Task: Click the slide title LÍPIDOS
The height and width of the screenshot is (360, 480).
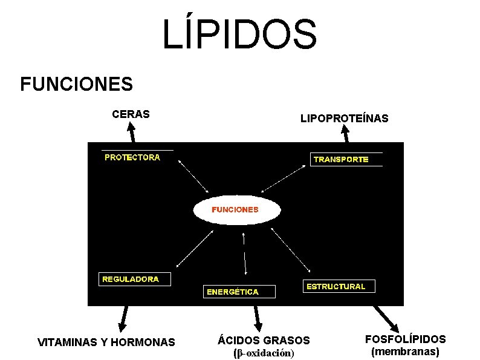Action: [239, 34]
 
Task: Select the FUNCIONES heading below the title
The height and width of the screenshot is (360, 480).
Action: [76, 84]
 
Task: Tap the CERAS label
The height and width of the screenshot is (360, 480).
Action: [131, 113]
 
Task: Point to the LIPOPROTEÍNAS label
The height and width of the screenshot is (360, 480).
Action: [344, 119]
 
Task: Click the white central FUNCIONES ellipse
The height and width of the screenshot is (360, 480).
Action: [236, 211]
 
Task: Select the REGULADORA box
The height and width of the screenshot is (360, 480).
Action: [135, 280]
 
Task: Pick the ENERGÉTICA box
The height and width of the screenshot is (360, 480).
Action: [238, 292]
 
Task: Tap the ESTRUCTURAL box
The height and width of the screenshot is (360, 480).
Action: [338, 286]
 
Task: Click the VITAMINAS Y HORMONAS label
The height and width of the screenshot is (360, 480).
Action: [106, 342]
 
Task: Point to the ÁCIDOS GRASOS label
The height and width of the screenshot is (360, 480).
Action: [264, 341]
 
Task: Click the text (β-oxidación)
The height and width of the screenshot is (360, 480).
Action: [264, 353]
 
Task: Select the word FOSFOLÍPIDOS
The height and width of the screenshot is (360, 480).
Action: [406, 339]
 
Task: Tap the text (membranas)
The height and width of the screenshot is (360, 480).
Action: [405, 351]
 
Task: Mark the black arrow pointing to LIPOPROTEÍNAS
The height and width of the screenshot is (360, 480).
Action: [348, 134]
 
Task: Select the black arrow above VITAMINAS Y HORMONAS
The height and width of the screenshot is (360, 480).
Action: [124, 318]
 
